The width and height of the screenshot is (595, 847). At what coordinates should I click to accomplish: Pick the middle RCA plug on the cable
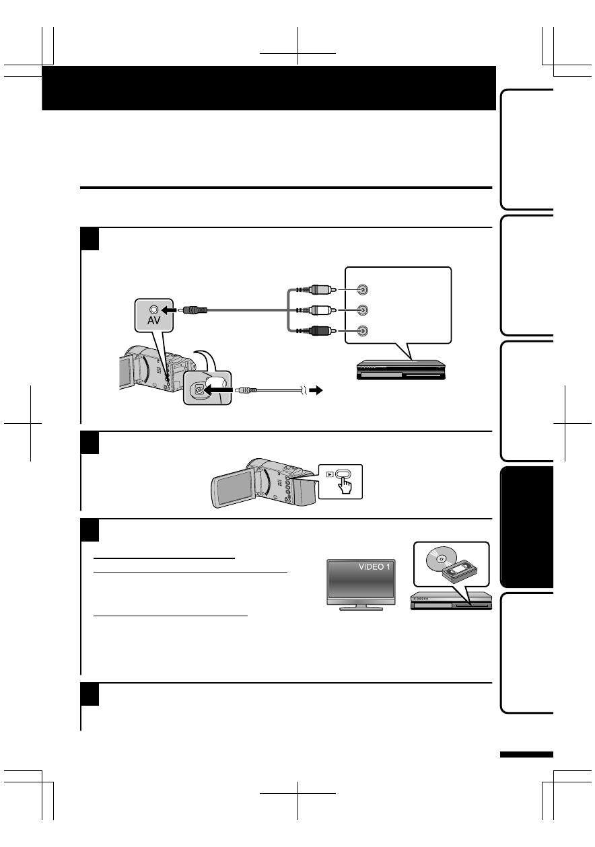click(321, 310)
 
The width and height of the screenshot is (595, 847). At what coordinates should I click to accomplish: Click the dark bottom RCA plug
click(321, 330)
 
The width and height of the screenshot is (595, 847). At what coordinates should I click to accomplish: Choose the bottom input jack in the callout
click(363, 330)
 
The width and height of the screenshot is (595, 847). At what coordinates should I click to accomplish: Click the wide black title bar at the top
click(269, 88)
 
